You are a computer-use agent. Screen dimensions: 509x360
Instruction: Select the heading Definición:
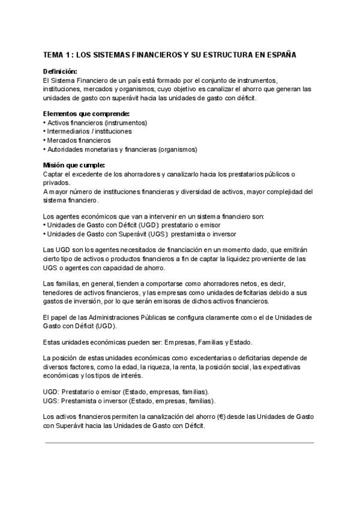tap(60, 71)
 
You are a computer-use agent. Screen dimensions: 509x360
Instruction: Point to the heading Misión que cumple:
tap(74, 165)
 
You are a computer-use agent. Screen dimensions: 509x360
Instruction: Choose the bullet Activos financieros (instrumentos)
tap(97, 122)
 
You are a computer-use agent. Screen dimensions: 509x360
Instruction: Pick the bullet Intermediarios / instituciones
tap(89, 131)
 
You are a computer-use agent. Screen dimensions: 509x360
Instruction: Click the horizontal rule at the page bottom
tap(180, 443)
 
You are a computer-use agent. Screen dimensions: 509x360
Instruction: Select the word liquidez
tap(239, 259)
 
